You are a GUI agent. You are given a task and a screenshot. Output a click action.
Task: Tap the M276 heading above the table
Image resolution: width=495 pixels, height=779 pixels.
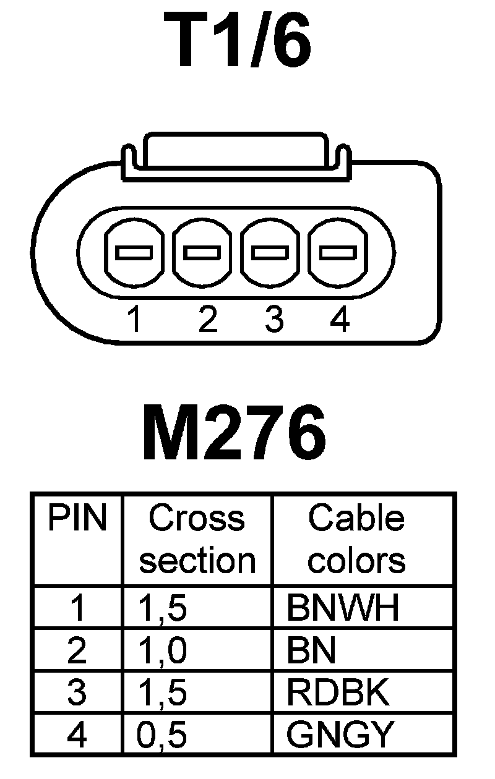click(x=234, y=432)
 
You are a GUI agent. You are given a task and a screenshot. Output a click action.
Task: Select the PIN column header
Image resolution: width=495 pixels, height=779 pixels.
click(x=77, y=518)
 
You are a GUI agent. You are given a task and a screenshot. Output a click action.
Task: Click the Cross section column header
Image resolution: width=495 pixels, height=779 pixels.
click(x=197, y=539)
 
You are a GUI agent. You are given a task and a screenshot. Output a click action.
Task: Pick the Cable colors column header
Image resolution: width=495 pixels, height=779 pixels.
click(x=356, y=539)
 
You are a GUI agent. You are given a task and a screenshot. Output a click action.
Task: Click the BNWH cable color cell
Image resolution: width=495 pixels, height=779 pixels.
click(x=342, y=608)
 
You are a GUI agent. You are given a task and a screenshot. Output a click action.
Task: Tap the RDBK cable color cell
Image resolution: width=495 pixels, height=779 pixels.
click(x=338, y=692)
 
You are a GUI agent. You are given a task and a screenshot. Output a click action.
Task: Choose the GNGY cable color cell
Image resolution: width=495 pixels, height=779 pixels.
click(x=340, y=734)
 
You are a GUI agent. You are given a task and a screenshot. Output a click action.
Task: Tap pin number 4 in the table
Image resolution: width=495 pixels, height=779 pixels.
click(x=77, y=734)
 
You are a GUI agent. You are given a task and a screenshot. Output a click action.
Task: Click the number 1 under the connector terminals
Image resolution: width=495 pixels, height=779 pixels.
click(x=134, y=320)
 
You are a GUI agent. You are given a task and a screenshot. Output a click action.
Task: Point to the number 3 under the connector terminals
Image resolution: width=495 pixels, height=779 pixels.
click(x=273, y=320)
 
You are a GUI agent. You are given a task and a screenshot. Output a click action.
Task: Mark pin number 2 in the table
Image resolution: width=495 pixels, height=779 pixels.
click(x=77, y=650)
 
